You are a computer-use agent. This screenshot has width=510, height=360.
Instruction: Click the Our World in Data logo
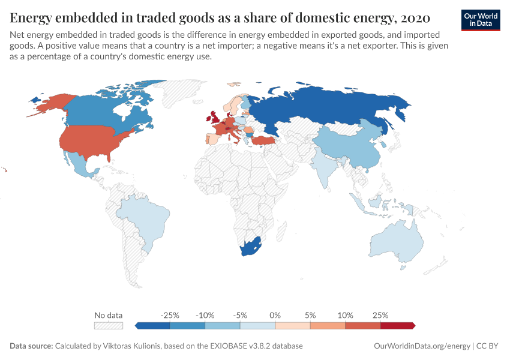[480, 20]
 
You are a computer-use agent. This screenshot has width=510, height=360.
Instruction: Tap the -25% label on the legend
[170, 315]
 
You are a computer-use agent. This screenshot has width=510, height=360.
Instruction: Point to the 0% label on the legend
[275, 315]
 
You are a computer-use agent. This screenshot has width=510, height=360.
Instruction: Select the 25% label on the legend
[380, 315]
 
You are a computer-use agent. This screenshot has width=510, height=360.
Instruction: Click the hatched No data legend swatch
[109, 325]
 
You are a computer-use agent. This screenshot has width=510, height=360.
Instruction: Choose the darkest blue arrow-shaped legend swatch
[153, 325]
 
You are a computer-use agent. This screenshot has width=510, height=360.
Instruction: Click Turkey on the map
[262, 140]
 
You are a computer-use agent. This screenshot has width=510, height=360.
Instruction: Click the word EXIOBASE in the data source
[235, 346]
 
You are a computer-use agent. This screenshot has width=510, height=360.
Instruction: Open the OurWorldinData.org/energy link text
[421, 346]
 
